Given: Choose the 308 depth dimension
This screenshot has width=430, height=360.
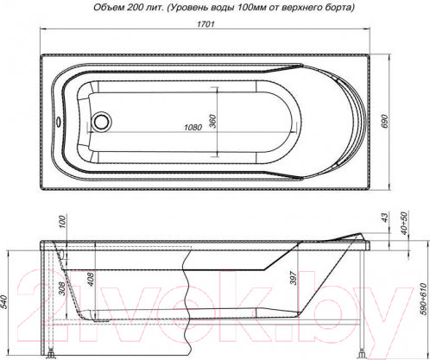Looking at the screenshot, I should (x=61, y=290).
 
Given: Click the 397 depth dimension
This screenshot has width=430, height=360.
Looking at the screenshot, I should (x=294, y=280).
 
